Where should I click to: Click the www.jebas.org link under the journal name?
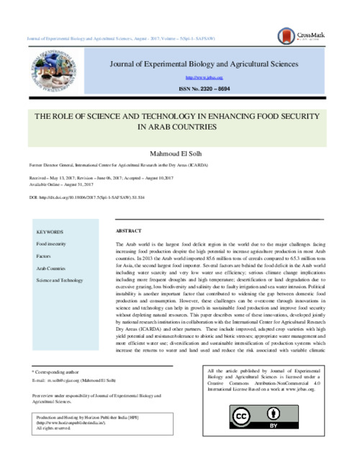point(204,76)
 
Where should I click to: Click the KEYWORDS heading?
point(50,232)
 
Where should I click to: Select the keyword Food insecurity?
point(52,244)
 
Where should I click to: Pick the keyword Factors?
point(45,256)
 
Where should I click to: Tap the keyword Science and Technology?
point(60,279)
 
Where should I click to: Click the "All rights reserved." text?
point(56,427)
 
